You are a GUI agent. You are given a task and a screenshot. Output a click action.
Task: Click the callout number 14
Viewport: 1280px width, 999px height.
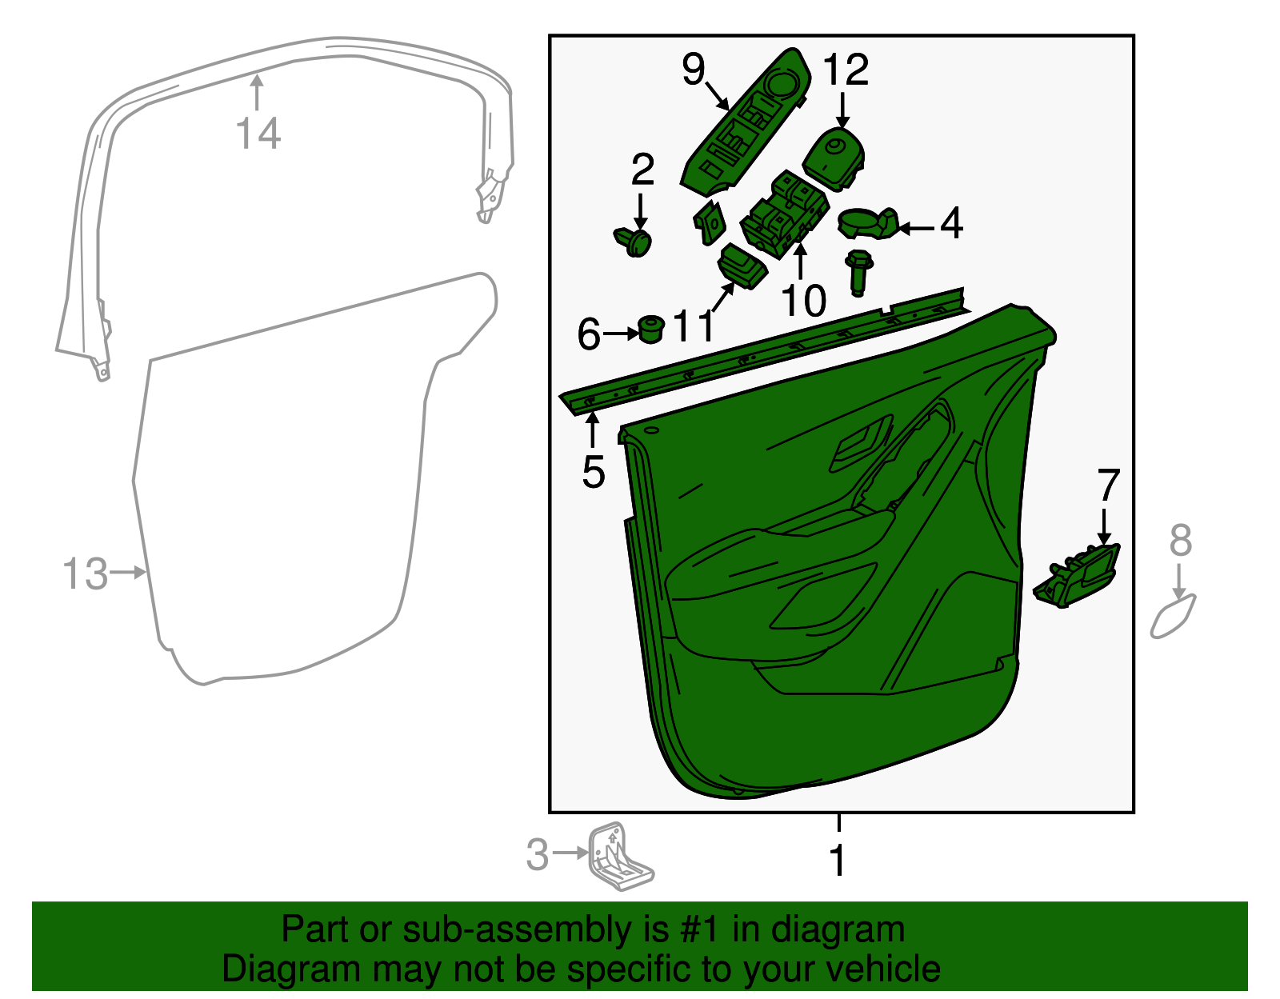[x=258, y=133]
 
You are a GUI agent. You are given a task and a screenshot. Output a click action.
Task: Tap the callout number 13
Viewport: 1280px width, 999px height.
[x=85, y=573]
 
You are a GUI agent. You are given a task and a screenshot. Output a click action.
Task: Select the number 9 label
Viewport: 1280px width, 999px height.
[x=693, y=69]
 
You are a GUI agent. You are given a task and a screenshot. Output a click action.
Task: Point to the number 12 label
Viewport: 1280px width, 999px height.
[x=846, y=70]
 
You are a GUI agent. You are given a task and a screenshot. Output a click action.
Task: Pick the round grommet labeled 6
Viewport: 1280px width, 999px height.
[x=651, y=329]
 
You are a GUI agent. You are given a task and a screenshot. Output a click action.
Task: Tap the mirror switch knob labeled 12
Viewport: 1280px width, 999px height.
[x=833, y=159]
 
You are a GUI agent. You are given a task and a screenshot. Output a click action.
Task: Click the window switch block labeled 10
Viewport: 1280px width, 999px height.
[x=785, y=214]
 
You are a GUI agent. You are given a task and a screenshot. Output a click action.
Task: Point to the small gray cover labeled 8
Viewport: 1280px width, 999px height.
[x=1172, y=617]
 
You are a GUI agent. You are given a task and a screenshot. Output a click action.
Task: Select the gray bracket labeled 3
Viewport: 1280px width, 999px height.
[x=620, y=856]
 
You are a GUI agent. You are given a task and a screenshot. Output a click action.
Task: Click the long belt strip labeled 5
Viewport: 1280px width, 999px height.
[x=764, y=351]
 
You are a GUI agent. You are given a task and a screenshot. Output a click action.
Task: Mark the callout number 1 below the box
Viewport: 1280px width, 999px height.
[x=838, y=861]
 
